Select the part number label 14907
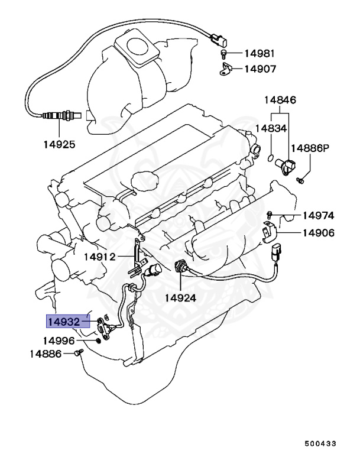pos(261,69)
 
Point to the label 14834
pos(271,128)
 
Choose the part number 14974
pos(319,215)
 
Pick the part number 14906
pos(319,233)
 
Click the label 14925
pos(59,144)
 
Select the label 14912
pos(99,257)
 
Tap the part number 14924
pos(181,297)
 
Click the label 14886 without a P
pos(46,354)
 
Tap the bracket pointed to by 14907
pos(225,70)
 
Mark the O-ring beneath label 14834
pos(270,157)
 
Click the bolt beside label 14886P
pos(300,178)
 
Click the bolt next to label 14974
pos(270,213)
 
